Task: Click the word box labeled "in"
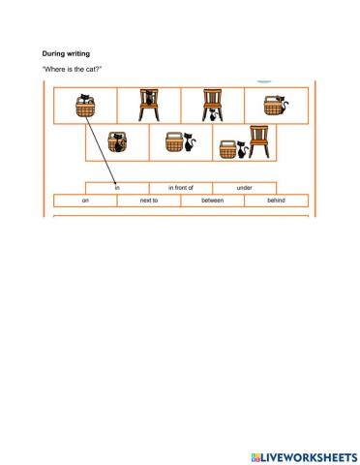click(117, 187)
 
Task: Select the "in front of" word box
click(181, 187)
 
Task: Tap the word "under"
click(244, 187)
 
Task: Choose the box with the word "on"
click(85, 201)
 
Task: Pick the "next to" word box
click(148, 201)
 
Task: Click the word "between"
click(212, 201)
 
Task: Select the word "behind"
click(277, 201)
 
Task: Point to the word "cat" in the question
click(92, 71)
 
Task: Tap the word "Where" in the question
click(54, 71)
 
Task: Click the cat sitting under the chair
click(213, 116)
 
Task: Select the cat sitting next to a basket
click(191, 144)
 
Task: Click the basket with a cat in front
click(117, 142)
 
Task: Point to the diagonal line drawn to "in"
click(101, 145)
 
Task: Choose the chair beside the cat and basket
click(258, 141)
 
